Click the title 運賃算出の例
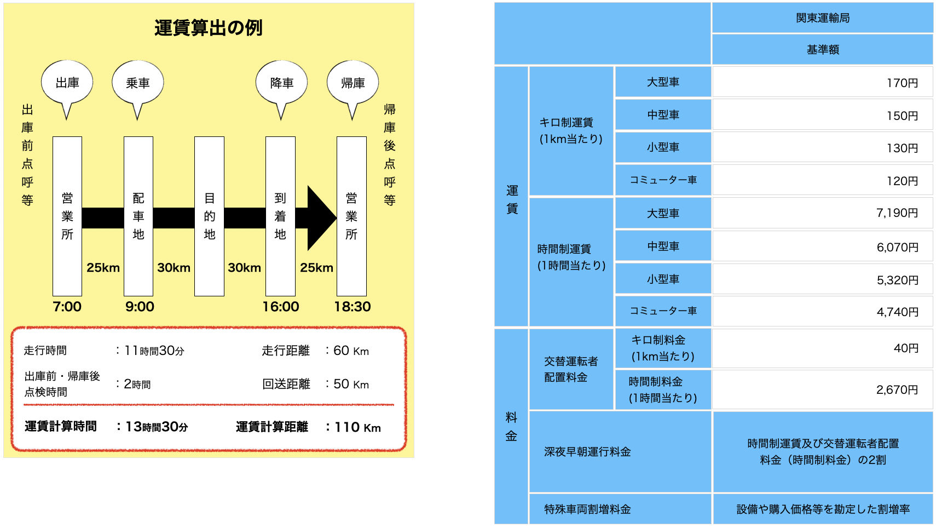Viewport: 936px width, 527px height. tap(209, 27)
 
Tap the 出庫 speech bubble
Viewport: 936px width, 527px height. tap(67, 83)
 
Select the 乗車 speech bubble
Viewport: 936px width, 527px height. tap(138, 83)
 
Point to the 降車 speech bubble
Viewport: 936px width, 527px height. tap(281, 83)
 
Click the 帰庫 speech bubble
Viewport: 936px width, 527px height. tap(353, 83)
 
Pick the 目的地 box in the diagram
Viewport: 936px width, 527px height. tap(209, 216)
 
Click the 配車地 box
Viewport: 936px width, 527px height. tap(138, 216)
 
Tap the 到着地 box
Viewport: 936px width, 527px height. tap(280, 216)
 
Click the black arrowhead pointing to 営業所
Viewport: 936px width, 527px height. tap(321, 217)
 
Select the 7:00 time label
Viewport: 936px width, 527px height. tap(67, 307)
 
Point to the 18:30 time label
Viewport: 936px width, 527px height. tap(353, 307)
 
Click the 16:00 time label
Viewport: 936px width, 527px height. tap(281, 307)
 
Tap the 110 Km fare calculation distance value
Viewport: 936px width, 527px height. tap(357, 427)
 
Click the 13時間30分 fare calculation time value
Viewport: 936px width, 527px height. tap(157, 427)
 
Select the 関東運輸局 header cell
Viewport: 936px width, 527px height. tap(822, 18)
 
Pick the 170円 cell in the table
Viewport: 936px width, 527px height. tap(822, 83)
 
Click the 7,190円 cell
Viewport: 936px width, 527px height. tap(822, 213)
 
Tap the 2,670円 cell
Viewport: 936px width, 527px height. tap(822, 389)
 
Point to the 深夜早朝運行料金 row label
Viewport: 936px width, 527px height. tap(587, 452)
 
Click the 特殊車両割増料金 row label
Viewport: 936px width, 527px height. tap(587, 509)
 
